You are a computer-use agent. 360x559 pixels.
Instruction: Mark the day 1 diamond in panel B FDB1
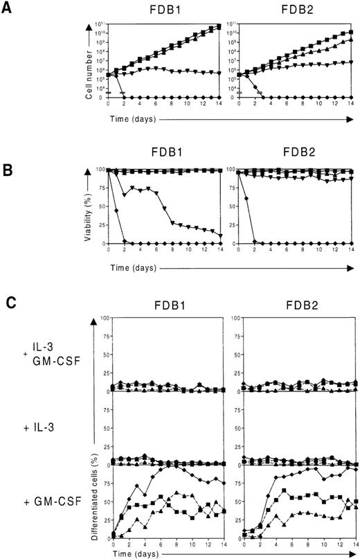tap(118, 211)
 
